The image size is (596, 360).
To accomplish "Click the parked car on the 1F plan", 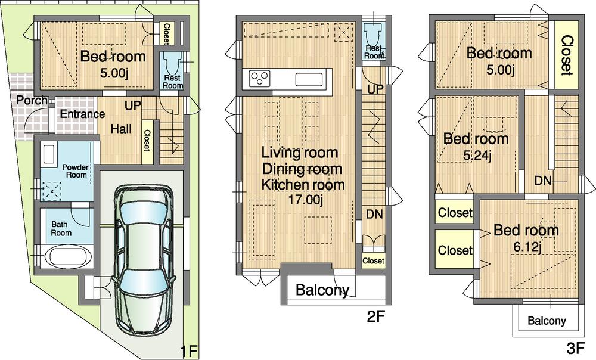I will click(x=143, y=261).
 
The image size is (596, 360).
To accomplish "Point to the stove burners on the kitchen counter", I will click(x=259, y=79).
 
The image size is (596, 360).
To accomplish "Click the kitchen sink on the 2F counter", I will click(x=309, y=79).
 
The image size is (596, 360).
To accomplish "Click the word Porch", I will click(x=32, y=100).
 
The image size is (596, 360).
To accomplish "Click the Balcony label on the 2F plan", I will click(x=322, y=291).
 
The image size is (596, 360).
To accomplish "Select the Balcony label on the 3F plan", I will click(x=547, y=321).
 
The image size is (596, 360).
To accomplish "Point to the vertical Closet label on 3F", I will click(x=567, y=55).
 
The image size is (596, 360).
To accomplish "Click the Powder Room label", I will click(x=75, y=171).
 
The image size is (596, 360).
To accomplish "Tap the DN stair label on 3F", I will click(x=543, y=179).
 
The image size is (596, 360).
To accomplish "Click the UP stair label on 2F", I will click(x=375, y=90).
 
